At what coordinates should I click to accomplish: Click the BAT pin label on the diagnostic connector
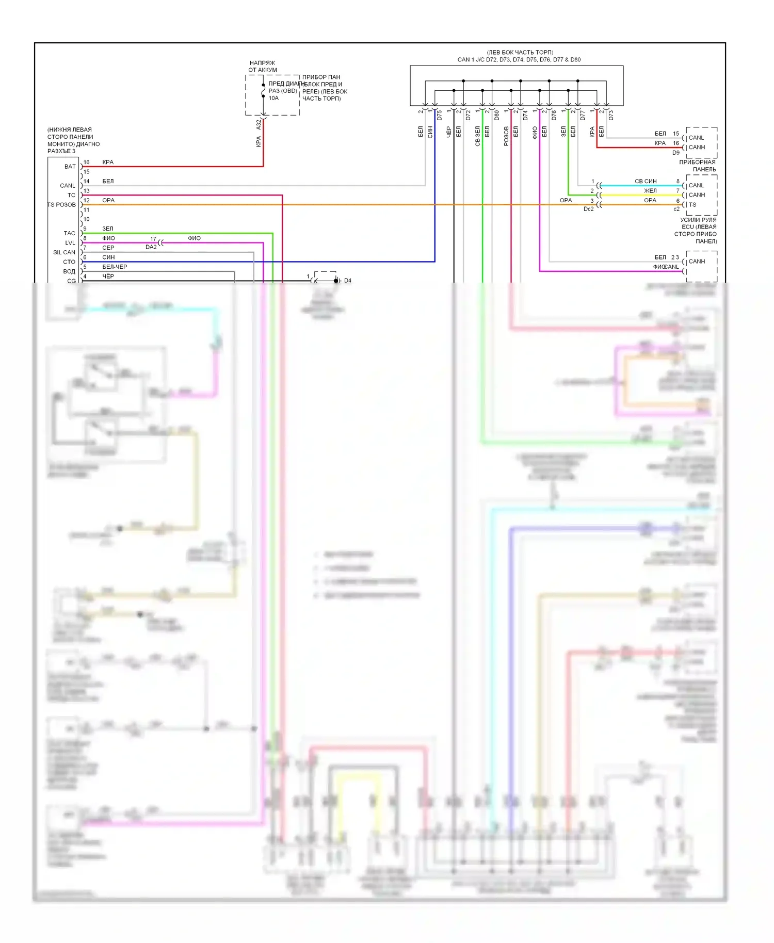[70, 167]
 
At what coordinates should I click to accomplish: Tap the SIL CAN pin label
[64, 252]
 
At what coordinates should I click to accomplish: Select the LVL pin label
[70, 243]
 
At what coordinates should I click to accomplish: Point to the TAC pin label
[69, 233]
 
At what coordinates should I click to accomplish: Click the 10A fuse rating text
[273, 98]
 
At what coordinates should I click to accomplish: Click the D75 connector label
[440, 116]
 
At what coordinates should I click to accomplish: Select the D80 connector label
[497, 116]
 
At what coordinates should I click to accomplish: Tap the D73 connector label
[611, 116]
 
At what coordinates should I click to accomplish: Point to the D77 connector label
[583, 116]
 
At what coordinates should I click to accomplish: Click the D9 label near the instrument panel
[675, 153]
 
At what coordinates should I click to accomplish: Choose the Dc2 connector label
[588, 209]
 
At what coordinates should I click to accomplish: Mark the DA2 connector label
[151, 247]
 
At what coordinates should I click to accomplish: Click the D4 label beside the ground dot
[348, 281]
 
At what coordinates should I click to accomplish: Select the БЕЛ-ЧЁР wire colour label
[115, 267]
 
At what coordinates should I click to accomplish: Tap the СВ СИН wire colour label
[646, 181]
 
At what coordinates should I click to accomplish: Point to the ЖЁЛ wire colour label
[650, 191]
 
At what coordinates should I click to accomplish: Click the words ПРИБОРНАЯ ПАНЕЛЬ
[698, 166]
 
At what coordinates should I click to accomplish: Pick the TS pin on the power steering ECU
[692, 205]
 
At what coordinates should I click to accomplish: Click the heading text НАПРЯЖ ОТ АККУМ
[263, 67]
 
